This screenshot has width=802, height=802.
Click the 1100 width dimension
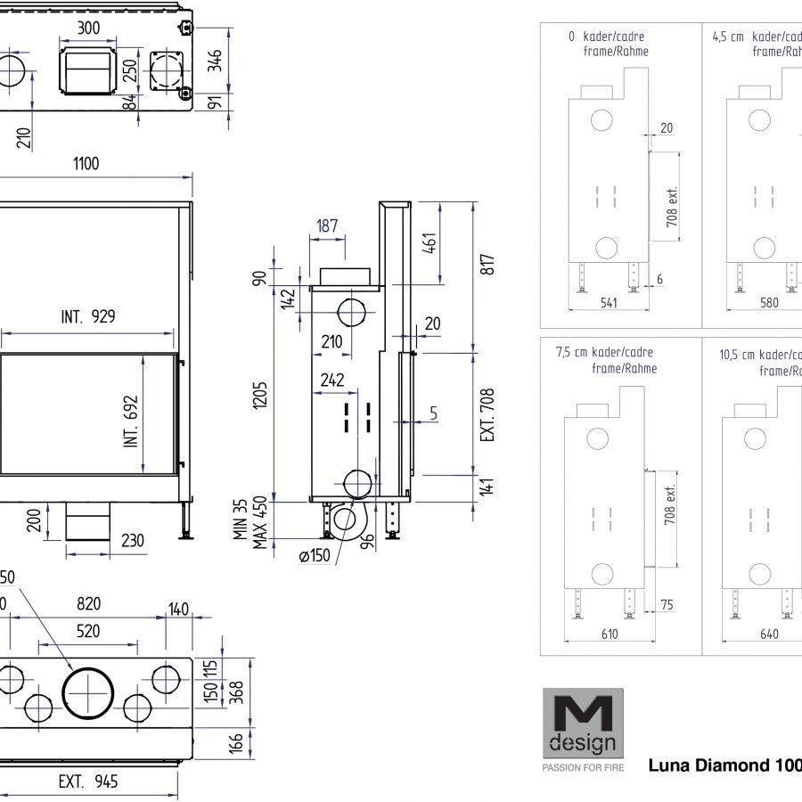pyautogui.click(x=86, y=163)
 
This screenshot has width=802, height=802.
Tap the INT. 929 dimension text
pyautogui.click(x=88, y=315)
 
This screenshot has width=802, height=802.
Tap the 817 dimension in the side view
pyautogui.click(x=487, y=265)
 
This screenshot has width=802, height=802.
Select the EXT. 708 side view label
pyautogui.click(x=487, y=413)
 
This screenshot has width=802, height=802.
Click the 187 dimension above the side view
pyautogui.click(x=327, y=225)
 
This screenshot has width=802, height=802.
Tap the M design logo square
pyautogui.click(x=584, y=723)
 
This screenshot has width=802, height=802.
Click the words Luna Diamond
pyautogui.click(x=704, y=765)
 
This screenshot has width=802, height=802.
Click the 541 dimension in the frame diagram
pyautogui.click(x=609, y=303)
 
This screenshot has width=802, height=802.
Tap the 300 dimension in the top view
pyautogui.click(x=88, y=28)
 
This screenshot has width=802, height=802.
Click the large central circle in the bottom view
pyautogui.click(x=88, y=691)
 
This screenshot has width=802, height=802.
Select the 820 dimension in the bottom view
pyautogui.click(x=88, y=603)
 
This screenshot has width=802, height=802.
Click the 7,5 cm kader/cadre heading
pyautogui.click(x=606, y=352)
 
